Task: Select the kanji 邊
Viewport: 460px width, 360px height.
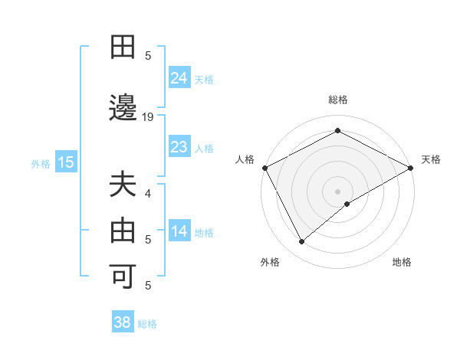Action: click(x=123, y=109)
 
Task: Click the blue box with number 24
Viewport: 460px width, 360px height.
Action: click(x=179, y=77)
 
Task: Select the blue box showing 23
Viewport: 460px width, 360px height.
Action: click(x=179, y=147)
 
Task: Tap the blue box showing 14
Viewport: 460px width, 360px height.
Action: click(x=179, y=231)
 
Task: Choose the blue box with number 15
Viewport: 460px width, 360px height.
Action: click(x=66, y=162)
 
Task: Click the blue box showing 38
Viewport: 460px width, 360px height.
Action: click(x=123, y=322)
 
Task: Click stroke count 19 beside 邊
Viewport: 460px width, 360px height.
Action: click(x=148, y=117)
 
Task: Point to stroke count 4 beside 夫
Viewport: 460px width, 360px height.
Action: click(x=148, y=194)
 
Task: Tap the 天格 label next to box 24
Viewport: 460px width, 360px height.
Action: click(x=204, y=79)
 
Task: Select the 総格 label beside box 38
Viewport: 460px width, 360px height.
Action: click(x=147, y=324)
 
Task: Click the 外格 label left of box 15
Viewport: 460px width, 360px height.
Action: click(x=41, y=163)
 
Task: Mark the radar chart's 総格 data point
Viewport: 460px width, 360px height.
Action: click(x=337, y=131)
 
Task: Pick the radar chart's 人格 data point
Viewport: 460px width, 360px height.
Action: click(x=264, y=168)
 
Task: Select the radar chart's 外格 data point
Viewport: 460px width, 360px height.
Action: click(x=302, y=242)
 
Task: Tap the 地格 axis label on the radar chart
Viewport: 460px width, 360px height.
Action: click(x=402, y=263)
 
